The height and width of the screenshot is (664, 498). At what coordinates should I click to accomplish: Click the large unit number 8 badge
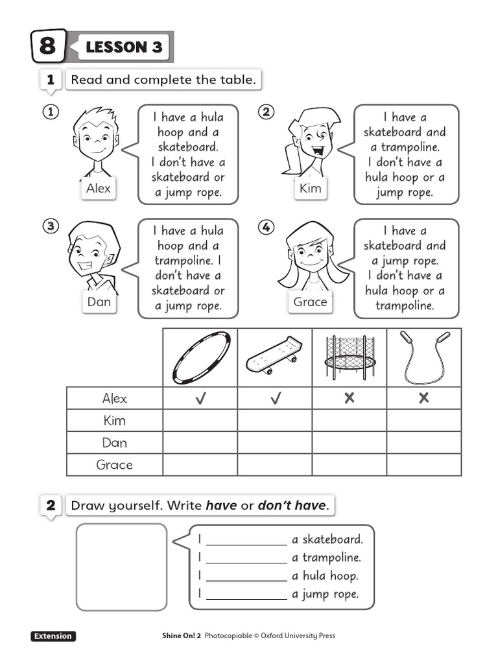click(x=48, y=46)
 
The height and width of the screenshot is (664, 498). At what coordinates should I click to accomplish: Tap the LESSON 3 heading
click(x=124, y=47)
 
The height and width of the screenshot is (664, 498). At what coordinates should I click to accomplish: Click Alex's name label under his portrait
click(x=99, y=189)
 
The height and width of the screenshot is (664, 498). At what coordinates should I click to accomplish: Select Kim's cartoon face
click(x=313, y=143)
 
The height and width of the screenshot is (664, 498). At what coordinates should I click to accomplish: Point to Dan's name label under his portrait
click(x=99, y=302)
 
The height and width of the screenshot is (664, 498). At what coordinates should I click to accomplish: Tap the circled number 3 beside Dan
click(x=51, y=226)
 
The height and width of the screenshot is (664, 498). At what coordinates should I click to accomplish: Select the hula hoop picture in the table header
click(x=200, y=357)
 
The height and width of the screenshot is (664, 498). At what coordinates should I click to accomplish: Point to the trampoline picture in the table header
click(x=350, y=357)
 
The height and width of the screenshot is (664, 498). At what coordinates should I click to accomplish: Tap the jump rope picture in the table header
click(x=424, y=357)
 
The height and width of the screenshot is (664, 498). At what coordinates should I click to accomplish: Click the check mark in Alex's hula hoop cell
click(x=200, y=399)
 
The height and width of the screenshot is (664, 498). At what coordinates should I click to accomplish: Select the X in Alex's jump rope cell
click(x=424, y=399)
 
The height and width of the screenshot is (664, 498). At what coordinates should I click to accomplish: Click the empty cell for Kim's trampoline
click(x=350, y=421)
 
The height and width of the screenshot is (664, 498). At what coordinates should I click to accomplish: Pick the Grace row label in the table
click(x=114, y=465)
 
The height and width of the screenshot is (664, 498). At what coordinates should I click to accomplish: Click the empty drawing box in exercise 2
click(x=121, y=567)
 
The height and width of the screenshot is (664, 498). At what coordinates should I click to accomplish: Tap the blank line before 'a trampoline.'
click(x=246, y=558)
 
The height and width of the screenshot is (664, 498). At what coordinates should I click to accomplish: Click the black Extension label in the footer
click(x=53, y=636)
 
